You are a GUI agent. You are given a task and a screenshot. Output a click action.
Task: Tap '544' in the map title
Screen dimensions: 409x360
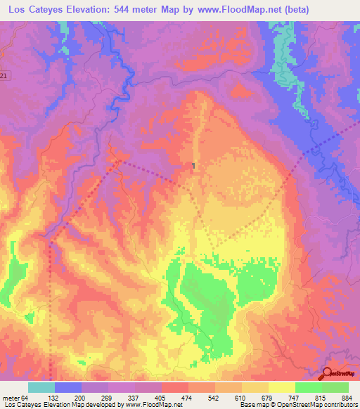point(129,9)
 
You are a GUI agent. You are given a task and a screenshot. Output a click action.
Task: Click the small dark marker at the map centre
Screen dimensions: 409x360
point(193,166)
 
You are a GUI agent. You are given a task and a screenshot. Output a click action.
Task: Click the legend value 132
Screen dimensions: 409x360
point(67,398)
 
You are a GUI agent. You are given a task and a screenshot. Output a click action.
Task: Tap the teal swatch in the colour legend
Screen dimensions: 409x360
point(41,387)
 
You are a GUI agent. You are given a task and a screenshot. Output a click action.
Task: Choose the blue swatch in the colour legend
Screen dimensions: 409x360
point(68,387)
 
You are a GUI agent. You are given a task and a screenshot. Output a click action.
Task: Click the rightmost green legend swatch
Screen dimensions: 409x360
point(335,387)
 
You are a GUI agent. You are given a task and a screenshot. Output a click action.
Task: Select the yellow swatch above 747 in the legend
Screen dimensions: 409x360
point(282,387)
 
